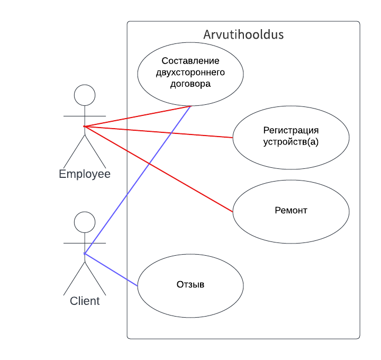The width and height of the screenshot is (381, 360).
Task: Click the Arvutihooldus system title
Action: (x=243, y=35)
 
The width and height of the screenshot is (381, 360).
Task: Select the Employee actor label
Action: (x=85, y=174)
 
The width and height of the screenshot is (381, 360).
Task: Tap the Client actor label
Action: (x=85, y=301)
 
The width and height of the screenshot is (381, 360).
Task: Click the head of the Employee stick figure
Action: (x=85, y=95)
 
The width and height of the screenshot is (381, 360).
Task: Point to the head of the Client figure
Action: (x=85, y=222)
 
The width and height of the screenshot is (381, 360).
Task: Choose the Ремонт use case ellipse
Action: (x=291, y=222)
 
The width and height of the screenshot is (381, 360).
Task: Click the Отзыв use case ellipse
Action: (x=190, y=296)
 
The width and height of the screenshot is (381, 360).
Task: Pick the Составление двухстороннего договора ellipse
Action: (x=190, y=95)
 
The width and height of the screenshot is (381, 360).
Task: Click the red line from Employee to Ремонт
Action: (x=159, y=169)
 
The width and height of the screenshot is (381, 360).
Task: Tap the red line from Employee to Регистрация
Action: (x=159, y=132)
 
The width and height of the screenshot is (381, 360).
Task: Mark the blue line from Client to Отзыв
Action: (x=111, y=269)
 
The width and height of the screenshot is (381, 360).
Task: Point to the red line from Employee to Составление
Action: (x=138, y=116)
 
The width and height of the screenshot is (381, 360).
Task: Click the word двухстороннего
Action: (x=190, y=72)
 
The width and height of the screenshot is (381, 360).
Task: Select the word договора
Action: (x=190, y=84)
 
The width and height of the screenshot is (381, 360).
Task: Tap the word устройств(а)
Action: (x=291, y=142)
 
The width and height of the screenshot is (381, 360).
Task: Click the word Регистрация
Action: (x=291, y=130)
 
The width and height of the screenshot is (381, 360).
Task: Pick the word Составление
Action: (x=190, y=60)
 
